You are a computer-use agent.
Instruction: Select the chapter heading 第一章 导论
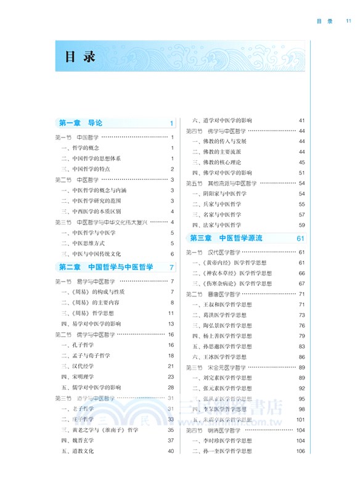[x=81, y=123]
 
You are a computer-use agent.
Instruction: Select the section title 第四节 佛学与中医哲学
[x=216, y=131]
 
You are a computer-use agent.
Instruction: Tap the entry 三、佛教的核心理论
[x=215, y=162]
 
